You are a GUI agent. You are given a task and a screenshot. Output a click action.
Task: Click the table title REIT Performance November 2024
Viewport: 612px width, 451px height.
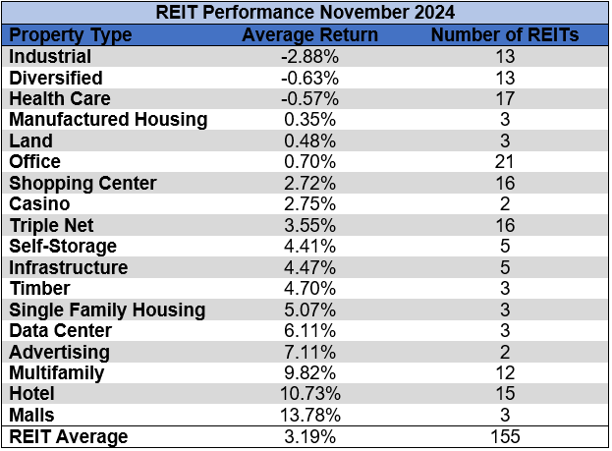[x=306, y=14]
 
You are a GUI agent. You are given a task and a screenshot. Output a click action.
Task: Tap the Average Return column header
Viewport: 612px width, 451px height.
[x=309, y=34]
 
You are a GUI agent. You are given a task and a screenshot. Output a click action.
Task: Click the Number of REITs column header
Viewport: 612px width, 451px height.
[x=505, y=34]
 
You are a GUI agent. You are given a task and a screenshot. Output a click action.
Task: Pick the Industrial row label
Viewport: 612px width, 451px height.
[x=50, y=56]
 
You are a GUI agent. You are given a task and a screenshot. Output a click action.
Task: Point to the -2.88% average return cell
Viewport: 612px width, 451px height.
[x=309, y=56]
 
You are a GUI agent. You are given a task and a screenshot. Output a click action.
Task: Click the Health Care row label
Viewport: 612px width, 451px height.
[x=59, y=98]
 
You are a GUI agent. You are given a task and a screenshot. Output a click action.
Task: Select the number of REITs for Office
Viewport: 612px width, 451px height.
[x=505, y=162]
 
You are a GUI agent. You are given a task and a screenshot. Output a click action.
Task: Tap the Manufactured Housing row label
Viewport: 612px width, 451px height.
[x=108, y=120]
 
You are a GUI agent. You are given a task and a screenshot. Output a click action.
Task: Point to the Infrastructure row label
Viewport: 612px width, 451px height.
[x=68, y=267]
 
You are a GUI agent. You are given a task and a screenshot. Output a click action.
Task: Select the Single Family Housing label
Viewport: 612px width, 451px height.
[x=107, y=310]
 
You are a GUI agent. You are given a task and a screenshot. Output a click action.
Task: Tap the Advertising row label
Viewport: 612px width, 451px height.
[x=59, y=353]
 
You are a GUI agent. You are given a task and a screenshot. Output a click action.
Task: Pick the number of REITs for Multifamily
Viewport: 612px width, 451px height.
[x=505, y=373]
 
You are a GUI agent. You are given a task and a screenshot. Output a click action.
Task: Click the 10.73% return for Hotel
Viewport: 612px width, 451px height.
[x=309, y=395]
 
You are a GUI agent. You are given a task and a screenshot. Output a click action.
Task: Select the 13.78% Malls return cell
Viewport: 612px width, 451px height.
[x=309, y=416]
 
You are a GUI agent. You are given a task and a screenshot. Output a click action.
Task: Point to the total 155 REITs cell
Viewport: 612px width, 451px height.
[x=505, y=437]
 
